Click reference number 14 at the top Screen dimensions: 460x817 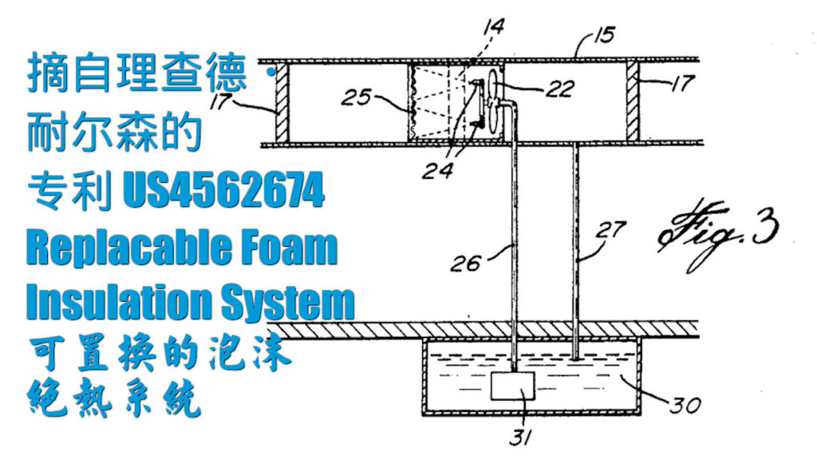[494, 29]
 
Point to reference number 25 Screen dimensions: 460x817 [357, 99]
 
